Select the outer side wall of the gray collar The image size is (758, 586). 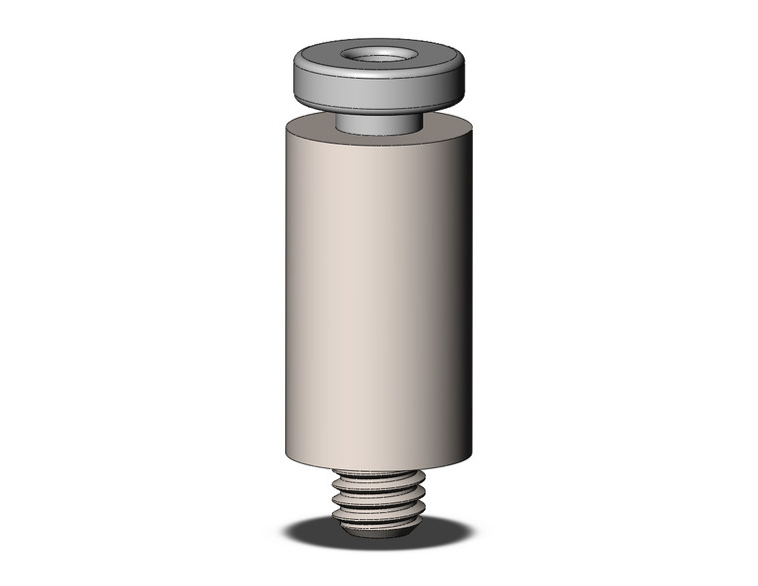(x=379, y=95)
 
